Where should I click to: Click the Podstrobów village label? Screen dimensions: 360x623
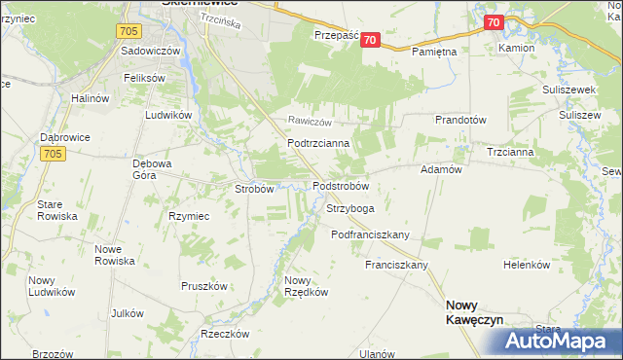[x=340, y=186]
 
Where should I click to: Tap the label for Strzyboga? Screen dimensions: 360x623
[x=350, y=208]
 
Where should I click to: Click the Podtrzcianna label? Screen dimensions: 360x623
[x=311, y=142]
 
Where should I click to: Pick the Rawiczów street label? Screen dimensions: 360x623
[x=310, y=122]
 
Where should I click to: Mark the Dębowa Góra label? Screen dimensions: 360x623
[x=158, y=170]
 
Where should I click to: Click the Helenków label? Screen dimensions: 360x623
[x=527, y=265]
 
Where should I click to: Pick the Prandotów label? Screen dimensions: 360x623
[x=460, y=120]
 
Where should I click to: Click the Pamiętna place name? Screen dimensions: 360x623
[x=435, y=51]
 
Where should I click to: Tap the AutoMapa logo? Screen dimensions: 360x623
[x=560, y=341]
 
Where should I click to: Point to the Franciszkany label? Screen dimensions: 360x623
[x=397, y=265]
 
